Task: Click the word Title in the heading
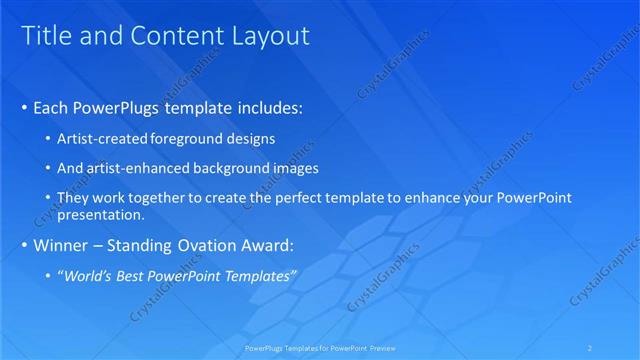pos(45,36)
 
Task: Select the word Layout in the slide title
pos(270,36)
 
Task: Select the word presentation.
pos(102,215)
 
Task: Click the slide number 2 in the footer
pos(591,348)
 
